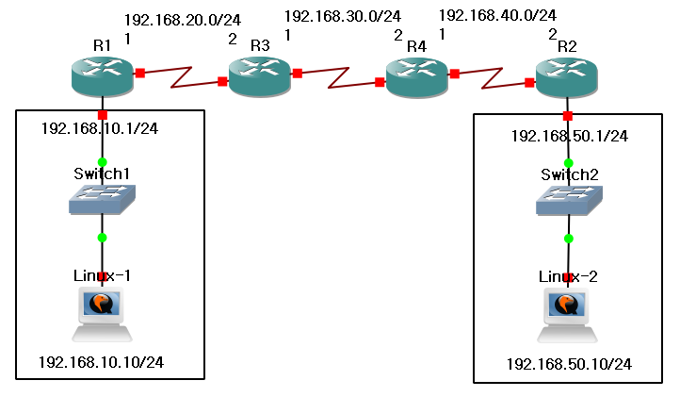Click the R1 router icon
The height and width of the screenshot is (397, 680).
pos(103,74)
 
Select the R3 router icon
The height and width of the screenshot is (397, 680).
pos(259,74)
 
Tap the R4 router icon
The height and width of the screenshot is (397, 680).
pos(417,74)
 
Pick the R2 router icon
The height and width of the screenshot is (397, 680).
pos(566,74)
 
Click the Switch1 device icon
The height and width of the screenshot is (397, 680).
pos(103,198)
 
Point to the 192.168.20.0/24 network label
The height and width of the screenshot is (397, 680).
pos(184,19)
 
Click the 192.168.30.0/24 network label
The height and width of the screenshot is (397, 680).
pos(342,16)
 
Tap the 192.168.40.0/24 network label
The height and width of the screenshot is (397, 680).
pos(497,15)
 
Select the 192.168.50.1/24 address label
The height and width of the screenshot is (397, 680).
pos(570,136)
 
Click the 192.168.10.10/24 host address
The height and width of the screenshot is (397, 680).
pos(106,362)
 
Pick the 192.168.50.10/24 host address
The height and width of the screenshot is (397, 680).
pos(569,364)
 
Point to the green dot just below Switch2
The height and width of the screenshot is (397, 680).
pos(569,239)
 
